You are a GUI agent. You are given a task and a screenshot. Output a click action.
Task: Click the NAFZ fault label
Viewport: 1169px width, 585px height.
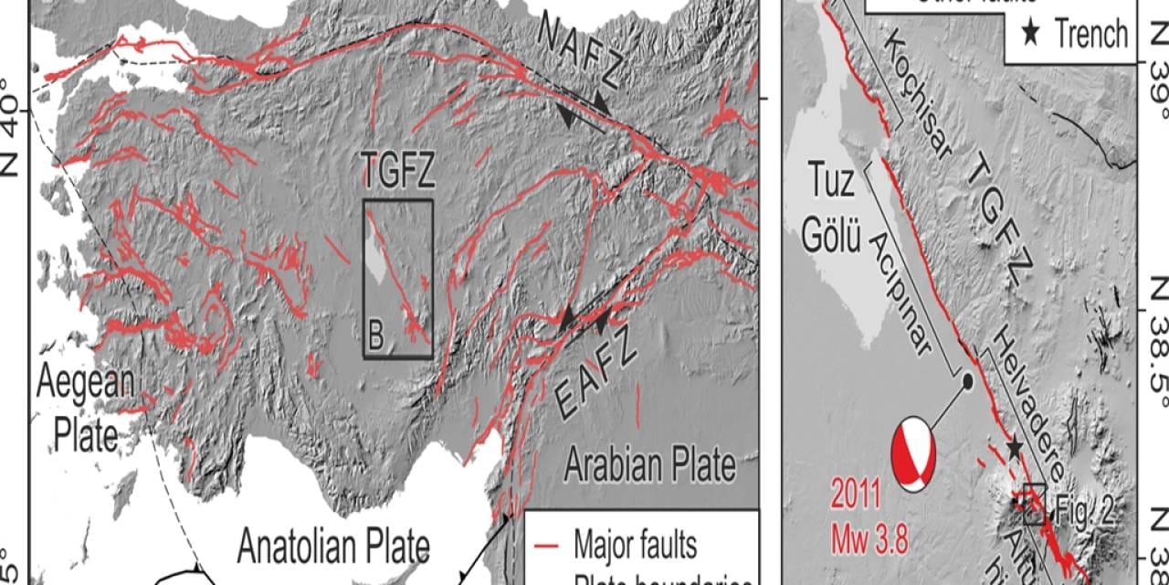(x=579, y=50)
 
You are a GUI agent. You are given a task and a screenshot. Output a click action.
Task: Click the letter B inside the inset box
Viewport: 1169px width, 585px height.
(x=376, y=338)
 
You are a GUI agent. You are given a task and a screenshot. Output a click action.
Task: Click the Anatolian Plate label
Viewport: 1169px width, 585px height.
(x=333, y=548)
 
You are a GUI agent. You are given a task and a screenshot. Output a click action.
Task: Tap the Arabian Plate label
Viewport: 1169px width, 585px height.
(x=649, y=465)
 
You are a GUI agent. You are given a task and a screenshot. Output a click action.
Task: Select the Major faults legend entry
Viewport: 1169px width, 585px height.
(x=636, y=546)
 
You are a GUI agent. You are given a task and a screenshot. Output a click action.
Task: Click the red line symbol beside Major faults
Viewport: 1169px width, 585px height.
(x=546, y=547)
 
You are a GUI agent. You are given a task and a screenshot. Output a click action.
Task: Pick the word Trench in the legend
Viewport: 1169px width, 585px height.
(x=1092, y=35)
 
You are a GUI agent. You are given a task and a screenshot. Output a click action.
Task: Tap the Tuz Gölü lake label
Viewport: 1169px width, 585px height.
(x=832, y=211)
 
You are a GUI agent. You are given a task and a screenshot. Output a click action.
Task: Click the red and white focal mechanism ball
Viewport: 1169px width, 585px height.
(x=915, y=453)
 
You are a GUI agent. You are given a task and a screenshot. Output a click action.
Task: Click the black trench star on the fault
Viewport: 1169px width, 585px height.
(x=1014, y=447)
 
